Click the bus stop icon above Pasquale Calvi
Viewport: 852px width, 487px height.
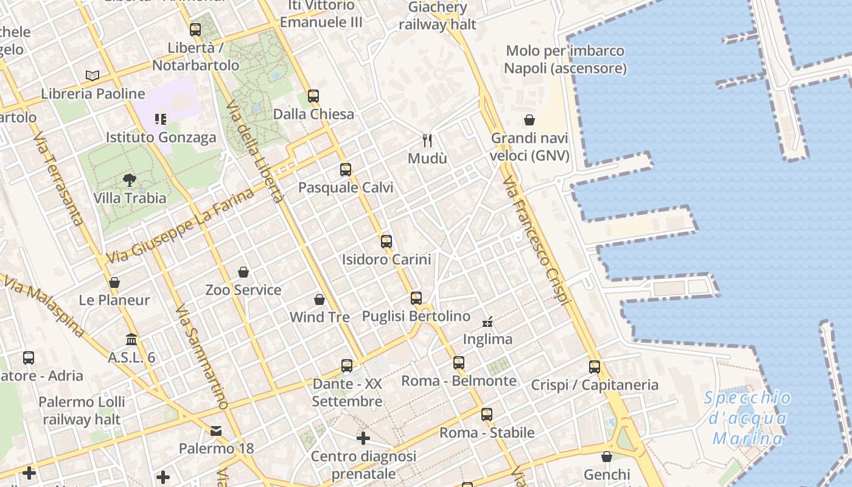346,170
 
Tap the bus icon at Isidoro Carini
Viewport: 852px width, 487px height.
386,242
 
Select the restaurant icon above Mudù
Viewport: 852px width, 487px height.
427,141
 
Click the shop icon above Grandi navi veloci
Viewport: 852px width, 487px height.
529,120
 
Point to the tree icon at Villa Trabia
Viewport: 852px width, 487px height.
129,180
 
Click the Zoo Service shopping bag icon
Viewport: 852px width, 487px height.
243,272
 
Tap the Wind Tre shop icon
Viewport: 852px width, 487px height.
319,300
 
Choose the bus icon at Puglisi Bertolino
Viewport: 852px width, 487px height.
416,298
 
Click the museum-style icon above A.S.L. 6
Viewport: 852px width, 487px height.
131,339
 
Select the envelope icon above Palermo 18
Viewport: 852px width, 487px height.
216,431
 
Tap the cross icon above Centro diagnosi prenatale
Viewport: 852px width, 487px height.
363,438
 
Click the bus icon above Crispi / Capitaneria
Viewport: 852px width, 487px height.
595,367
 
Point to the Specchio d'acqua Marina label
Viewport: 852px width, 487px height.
747,418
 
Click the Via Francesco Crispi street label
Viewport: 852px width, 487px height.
536,240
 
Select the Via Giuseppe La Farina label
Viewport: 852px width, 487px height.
180,226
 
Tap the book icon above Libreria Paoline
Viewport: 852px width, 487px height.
93,75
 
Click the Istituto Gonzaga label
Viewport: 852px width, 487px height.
161,137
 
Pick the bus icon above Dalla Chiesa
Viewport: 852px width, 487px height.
313,96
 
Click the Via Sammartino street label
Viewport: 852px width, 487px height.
201,357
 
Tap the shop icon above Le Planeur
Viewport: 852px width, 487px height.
114,282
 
